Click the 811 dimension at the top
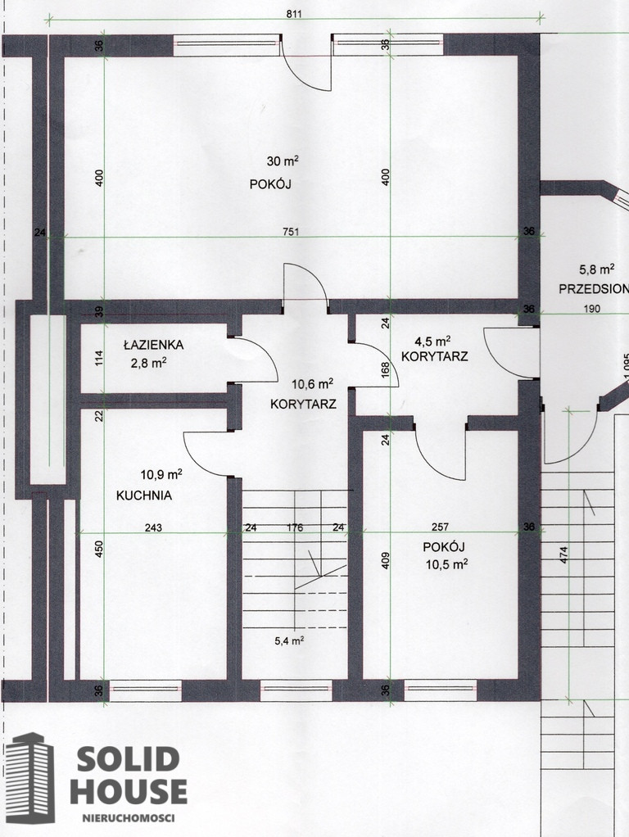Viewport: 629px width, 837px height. tap(294, 14)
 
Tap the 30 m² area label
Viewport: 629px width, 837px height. tap(283, 161)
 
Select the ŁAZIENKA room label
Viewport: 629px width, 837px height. tap(154, 345)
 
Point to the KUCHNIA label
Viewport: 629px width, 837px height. tap(144, 495)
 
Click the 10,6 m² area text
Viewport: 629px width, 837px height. tap(312, 384)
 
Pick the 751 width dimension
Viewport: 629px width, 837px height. tap(291, 232)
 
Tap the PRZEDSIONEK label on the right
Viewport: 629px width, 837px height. tap(593, 289)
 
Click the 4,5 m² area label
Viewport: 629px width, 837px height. tap(433, 341)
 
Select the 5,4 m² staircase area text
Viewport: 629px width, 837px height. tap(289, 640)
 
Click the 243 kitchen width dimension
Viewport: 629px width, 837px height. tap(153, 528)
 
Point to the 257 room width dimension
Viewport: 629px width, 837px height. tap(440, 527)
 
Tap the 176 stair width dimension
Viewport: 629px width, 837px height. tap(295, 528)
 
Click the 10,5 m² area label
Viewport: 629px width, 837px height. tap(447, 564)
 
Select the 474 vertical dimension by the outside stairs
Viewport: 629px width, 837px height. tap(564, 555)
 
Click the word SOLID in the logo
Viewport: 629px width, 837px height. tap(128, 759)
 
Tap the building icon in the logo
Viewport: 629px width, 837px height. tap(30, 777)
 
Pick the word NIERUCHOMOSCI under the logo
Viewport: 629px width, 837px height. tap(128, 818)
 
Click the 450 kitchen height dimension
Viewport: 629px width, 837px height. tap(99, 550)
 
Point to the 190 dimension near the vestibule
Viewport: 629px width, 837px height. tap(591, 309)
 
